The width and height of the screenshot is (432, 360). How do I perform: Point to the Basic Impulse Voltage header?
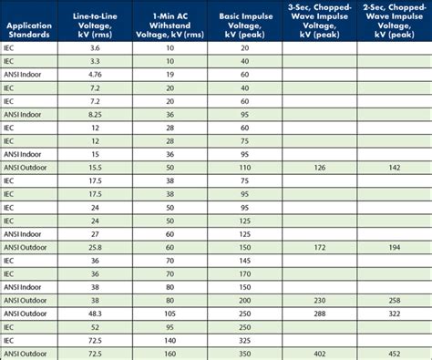[x=245, y=21]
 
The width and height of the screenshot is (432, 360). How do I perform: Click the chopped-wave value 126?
[x=319, y=168]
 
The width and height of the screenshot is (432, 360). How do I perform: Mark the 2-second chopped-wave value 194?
[x=395, y=247]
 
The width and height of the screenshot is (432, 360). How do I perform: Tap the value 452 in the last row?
[x=395, y=353]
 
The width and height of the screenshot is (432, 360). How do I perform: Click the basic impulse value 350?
[x=245, y=353]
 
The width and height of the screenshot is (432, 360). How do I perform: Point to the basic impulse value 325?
[x=245, y=339]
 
